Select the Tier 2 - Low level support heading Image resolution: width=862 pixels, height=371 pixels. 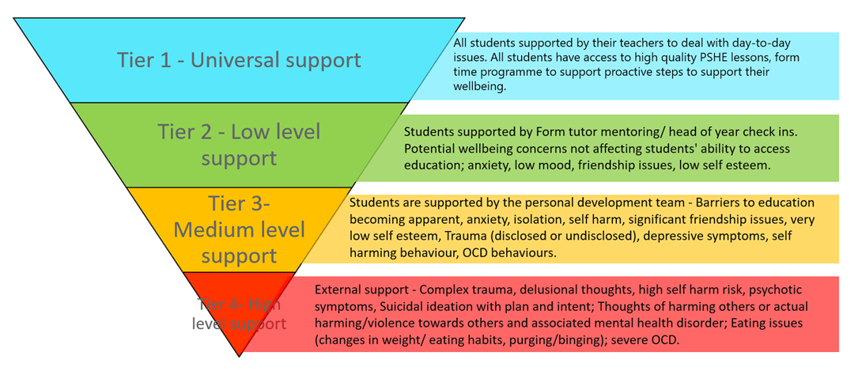[238, 145]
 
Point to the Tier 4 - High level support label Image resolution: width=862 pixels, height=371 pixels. [239, 313]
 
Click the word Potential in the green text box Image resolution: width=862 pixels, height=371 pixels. [430, 149]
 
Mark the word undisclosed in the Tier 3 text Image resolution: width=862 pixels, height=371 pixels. [549, 236]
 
